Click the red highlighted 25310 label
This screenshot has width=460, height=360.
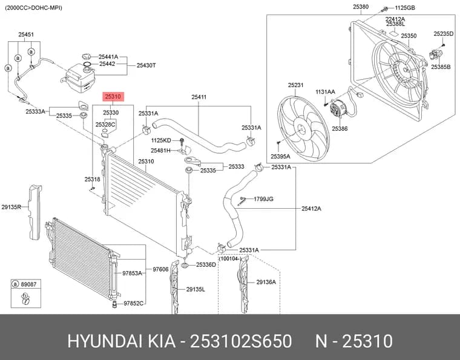(x=113, y=96)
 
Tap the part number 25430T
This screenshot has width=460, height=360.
(x=146, y=65)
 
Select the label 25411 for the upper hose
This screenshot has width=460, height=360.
(x=199, y=97)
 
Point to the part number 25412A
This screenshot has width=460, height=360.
(x=311, y=209)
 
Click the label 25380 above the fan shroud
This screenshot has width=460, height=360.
(x=361, y=7)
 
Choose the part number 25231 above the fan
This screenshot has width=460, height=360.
(x=296, y=85)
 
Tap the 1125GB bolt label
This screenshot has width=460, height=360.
(x=405, y=8)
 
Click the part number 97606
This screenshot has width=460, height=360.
(x=161, y=269)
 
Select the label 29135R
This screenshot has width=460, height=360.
(x=11, y=207)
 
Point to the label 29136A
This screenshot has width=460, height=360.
(x=266, y=282)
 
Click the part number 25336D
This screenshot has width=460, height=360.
(x=206, y=265)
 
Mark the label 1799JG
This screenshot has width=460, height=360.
(x=263, y=199)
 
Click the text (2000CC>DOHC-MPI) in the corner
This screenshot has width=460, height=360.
(x=33, y=8)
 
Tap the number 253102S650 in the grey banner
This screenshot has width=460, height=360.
(x=241, y=341)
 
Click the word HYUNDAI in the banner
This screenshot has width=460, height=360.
(x=105, y=341)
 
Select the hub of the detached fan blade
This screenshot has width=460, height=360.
(x=300, y=129)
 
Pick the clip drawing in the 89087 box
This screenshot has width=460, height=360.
(x=25, y=298)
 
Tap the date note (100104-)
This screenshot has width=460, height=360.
(x=230, y=259)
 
